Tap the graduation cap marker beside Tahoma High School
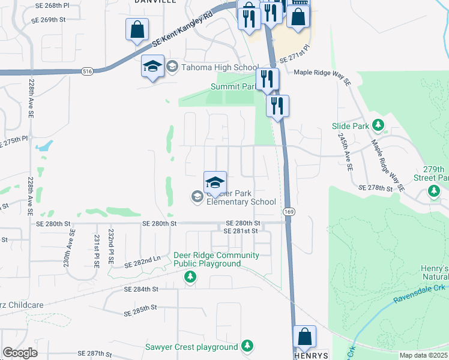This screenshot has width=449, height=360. coord(152,65)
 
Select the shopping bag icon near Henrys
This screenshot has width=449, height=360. coord(305,337)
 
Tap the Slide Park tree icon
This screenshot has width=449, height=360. coord(378,125)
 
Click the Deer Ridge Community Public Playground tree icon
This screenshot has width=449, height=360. coord(190,277)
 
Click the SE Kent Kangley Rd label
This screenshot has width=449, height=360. coord(182,29)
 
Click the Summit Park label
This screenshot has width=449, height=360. coord(233,86)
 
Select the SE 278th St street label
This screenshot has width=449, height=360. coord(375,188)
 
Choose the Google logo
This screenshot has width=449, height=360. coord(20,352)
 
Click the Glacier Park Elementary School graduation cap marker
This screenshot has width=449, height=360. coord(214,182)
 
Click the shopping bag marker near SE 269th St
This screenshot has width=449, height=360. coord(137,29)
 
